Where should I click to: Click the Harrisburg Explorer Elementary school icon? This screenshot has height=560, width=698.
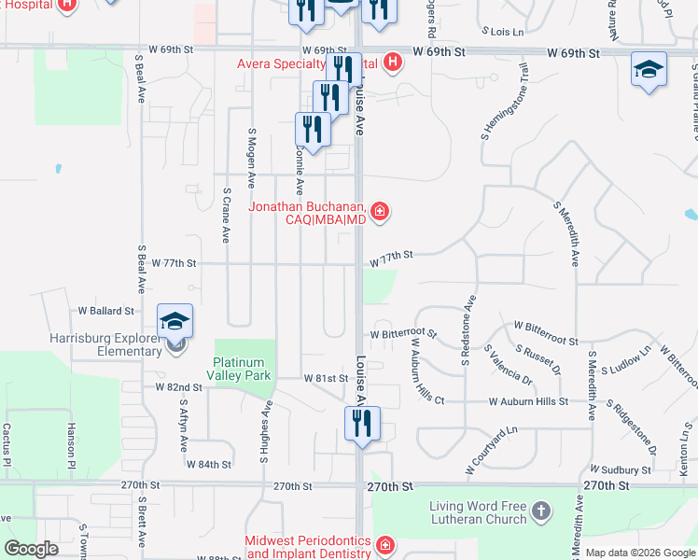(174, 322)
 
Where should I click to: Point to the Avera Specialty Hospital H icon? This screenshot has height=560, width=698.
(394, 63)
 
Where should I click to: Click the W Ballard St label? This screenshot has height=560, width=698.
(105, 310)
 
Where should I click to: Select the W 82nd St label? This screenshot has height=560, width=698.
(178, 386)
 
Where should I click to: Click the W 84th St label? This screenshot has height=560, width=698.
(208, 464)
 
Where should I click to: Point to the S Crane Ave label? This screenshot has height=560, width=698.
(227, 215)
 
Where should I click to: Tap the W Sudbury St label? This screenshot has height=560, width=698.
(620, 470)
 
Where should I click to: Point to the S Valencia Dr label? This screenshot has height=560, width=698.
(508, 366)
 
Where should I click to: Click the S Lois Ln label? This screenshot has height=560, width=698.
(500, 32)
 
